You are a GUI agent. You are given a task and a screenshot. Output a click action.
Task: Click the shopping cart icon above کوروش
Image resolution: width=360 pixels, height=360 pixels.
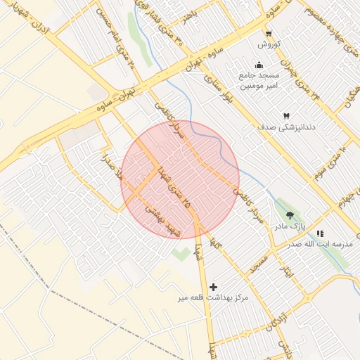pyautogui.click(x=269, y=33)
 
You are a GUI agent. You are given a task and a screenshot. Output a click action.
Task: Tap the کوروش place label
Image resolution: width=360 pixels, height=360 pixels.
pyautogui.click(x=269, y=44)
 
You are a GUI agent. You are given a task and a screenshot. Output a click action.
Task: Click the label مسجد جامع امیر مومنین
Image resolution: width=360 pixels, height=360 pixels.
pyautogui.click(x=259, y=81)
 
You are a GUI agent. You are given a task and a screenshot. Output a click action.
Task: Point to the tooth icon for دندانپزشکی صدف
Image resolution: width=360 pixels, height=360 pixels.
pyautogui.click(x=286, y=116)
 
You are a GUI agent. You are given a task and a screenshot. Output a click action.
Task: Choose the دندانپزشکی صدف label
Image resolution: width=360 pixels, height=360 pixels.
pyautogui.click(x=288, y=128)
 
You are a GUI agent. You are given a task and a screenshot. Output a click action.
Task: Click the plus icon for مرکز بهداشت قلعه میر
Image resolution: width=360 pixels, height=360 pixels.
pyautogui.click(x=214, y=287)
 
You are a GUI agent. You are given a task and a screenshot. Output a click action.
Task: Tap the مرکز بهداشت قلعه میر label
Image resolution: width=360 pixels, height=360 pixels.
pyautogui.click(x=214, y=298)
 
